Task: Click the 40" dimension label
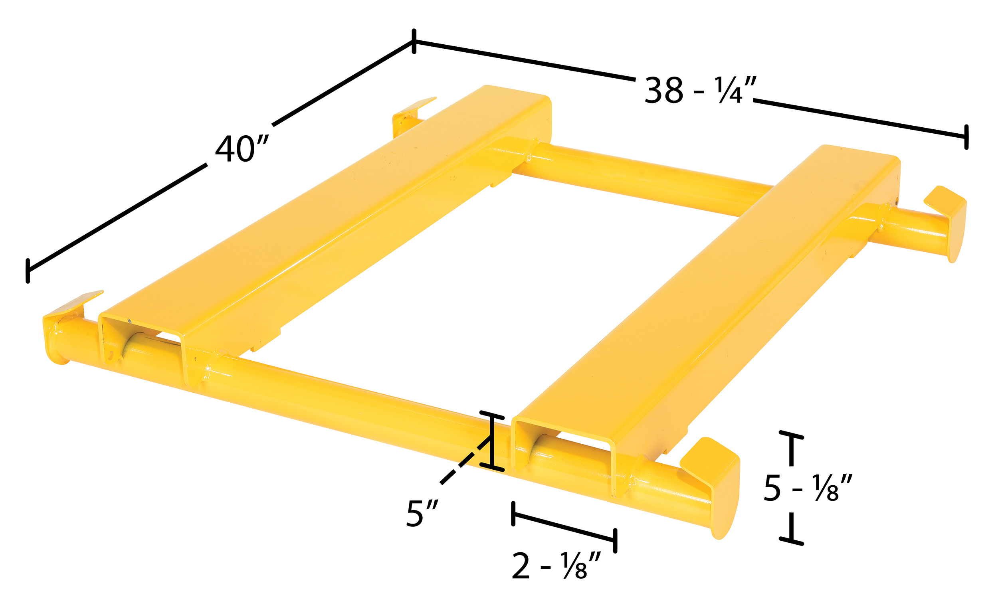242,148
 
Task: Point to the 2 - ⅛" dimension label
556,565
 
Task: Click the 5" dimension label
422,514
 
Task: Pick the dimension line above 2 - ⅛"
564,527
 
